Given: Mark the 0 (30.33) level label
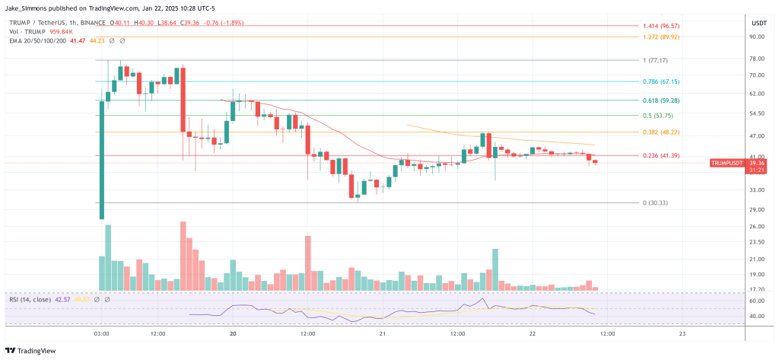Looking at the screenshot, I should pyautogui.click(x=653, y=202).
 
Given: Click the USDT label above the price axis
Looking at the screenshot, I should pyautogui.click(x=758, y=22).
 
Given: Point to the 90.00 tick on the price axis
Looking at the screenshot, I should pyautogui.click(x=756, y=36).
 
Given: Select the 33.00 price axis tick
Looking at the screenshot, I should pyautogui.click(x=756, y=193).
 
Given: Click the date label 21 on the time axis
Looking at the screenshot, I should pyautogui.click(x=383, y=333).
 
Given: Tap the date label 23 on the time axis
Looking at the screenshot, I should pyautogui.click(x=682, y=333).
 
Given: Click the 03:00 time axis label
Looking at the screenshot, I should pyautogui.click(x=101, y=333).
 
